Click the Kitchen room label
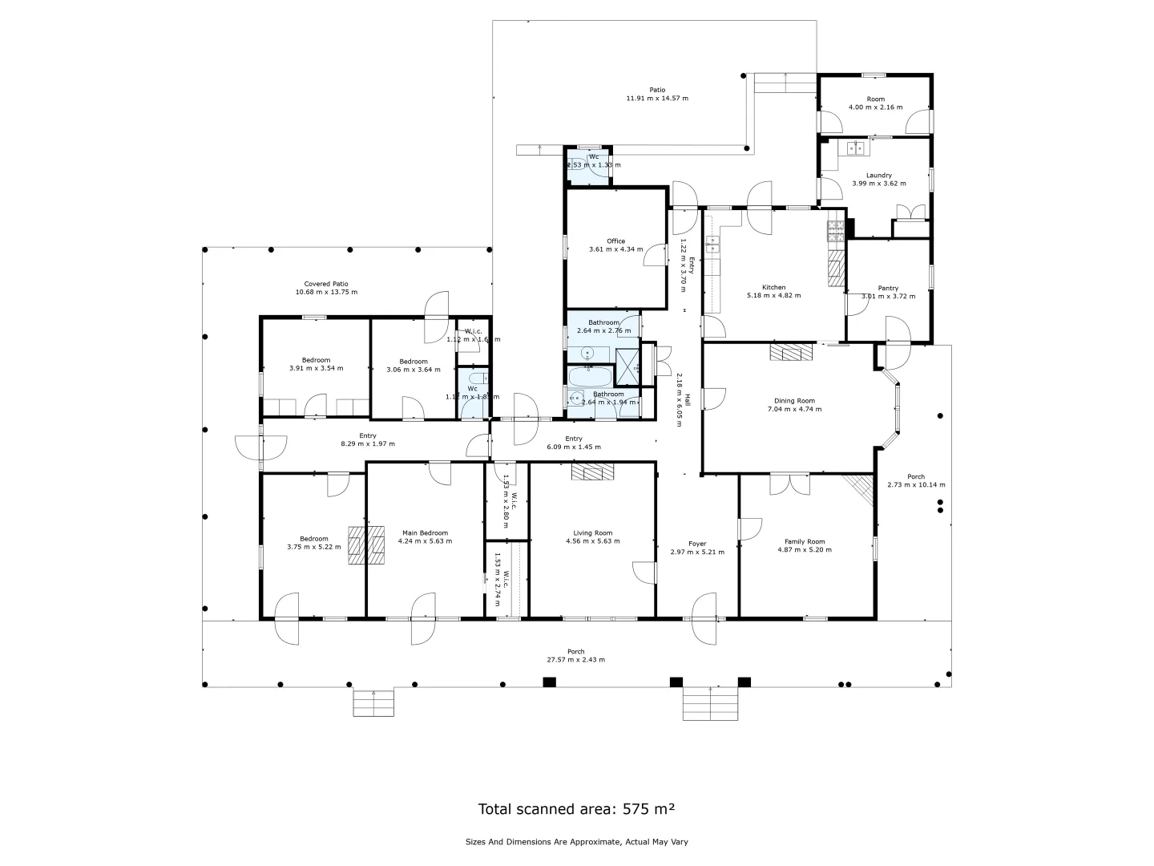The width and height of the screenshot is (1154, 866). pyautogui.click(x=773, y=287)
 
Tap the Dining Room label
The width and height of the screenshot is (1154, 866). pyautogui.click(x=794, y=401)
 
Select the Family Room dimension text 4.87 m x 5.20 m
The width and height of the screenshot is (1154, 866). pyautogui.click(x=805, y=550)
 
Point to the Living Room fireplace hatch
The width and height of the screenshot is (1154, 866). pyautogui.click(x=592, y=472)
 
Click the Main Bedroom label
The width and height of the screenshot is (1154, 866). pyautogui.click(x=425, y=532)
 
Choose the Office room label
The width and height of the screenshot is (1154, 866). pyautogui.click(x=615, y=241)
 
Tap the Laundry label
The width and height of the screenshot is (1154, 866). pyautogui.click(x=878, y=175)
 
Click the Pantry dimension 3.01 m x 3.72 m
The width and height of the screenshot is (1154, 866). pyautogui.click(x=888, y=296)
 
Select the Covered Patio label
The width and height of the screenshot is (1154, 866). pyautogui.click(x=326, y=284)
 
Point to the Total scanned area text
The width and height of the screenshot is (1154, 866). pyautogui.click(x=576, y=808)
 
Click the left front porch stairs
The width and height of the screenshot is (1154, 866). pyautogui.click(x=373, y=702)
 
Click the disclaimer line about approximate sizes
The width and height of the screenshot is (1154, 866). pyautogui.click(x=576, y=842)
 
